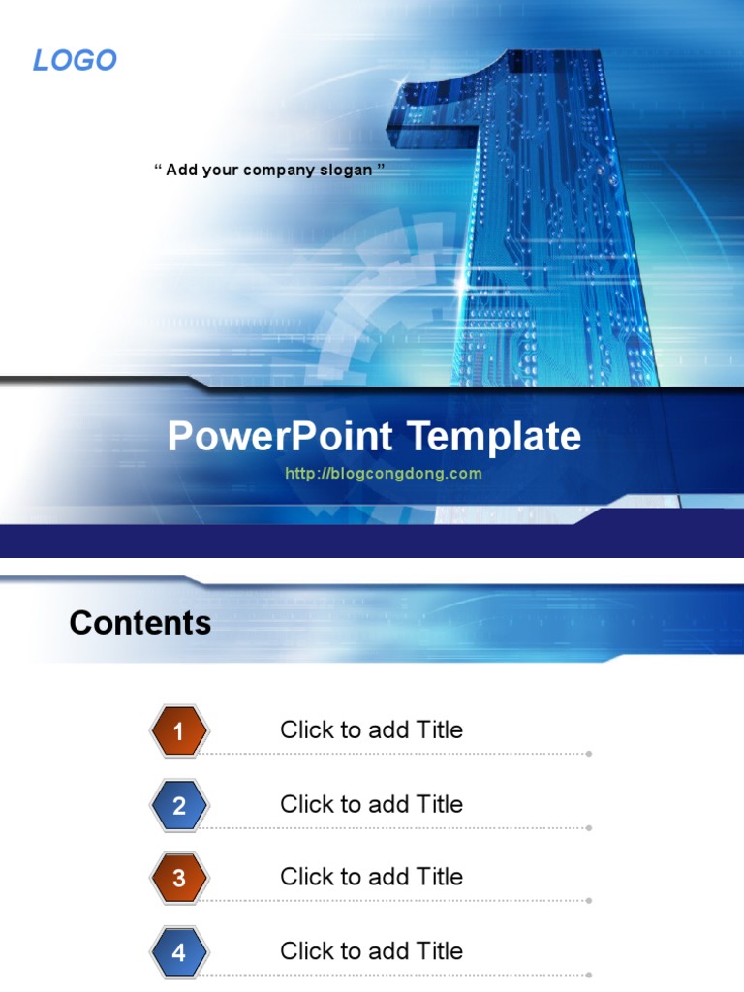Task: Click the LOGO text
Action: pos(75,60)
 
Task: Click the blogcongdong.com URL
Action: pos(384,474)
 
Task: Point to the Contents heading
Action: pos(140,622)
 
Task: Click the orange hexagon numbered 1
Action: pos(179,731)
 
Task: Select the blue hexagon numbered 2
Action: pos(179,805)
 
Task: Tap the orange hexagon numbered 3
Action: pos(179,879)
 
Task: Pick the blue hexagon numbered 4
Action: pos(179,952)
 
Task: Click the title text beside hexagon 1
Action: pos(371,730)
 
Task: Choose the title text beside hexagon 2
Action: pos(371,804)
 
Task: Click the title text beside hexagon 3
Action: pos(371,877)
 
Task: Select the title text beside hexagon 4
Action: pos(371,951)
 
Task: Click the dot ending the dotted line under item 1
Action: pos(589,753)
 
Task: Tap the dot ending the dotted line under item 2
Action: pos(589,827)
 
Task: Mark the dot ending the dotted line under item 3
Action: pos(589,900)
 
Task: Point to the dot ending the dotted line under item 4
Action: pos(589,975)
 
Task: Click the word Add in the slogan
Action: pos(181,170)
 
